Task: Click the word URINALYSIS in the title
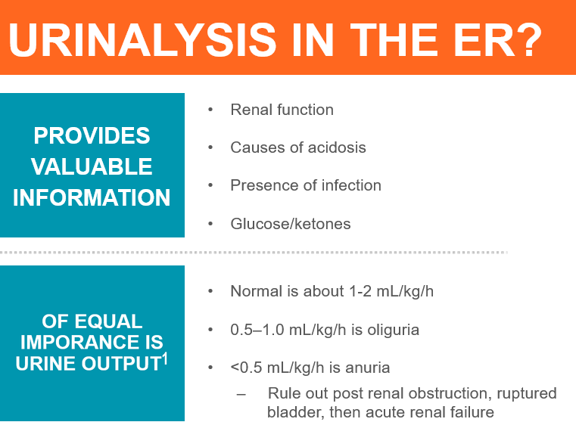point(142,40)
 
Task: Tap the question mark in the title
point(528,39)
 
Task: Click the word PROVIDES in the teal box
point(92,135)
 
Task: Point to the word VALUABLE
point(92,166)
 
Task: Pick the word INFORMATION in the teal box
point(92,197)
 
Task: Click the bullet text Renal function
point(282,110)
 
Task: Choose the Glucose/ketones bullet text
point(291,224)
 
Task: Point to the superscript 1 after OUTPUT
point(165,358)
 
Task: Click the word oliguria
point(393,330)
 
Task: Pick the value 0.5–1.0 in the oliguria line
point(257,330)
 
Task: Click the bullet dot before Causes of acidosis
point(210,147)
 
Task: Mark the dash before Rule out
point(241,395)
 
